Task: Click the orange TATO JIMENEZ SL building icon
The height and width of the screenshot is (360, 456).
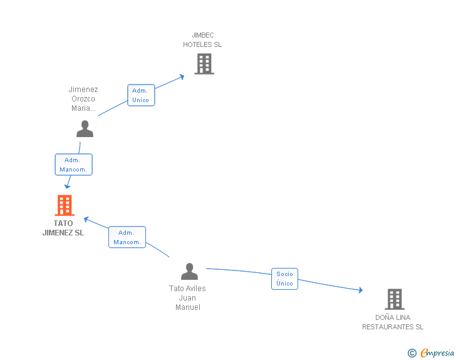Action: point(65,205)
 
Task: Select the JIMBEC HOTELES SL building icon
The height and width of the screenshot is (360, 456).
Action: point(204,64)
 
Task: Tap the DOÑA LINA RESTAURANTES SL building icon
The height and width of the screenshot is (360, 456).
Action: point(395,299)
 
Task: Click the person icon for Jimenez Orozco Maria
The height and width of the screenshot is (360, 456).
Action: point(85,128)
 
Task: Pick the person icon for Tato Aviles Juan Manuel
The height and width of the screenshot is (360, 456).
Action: point(189,271)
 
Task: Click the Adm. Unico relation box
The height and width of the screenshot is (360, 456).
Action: point(141,95)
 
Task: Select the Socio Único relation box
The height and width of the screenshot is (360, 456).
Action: point(285,279)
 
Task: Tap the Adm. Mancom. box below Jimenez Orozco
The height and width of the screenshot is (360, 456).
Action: point(73,165)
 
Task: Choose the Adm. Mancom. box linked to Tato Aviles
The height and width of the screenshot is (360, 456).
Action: point(127,237)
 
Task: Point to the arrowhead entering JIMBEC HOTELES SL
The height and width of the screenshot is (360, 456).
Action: point(182,77)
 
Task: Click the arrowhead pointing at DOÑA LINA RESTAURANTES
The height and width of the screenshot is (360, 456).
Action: point(361,290)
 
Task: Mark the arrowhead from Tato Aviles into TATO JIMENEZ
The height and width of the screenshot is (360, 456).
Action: point(86,219)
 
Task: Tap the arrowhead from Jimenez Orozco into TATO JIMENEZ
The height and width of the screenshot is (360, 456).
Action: point(68,186)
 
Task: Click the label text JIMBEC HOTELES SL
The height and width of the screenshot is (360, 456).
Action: point(202,40)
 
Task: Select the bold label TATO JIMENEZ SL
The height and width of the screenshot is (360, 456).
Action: point(63,228)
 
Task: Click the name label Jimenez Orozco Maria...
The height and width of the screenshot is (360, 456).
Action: point(83,98)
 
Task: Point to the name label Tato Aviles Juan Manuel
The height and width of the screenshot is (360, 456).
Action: point(187,298)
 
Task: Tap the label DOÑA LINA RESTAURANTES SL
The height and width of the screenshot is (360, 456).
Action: point(393,322)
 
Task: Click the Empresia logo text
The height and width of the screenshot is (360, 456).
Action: point(437,352)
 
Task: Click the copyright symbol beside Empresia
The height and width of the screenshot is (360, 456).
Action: point(412,353)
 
